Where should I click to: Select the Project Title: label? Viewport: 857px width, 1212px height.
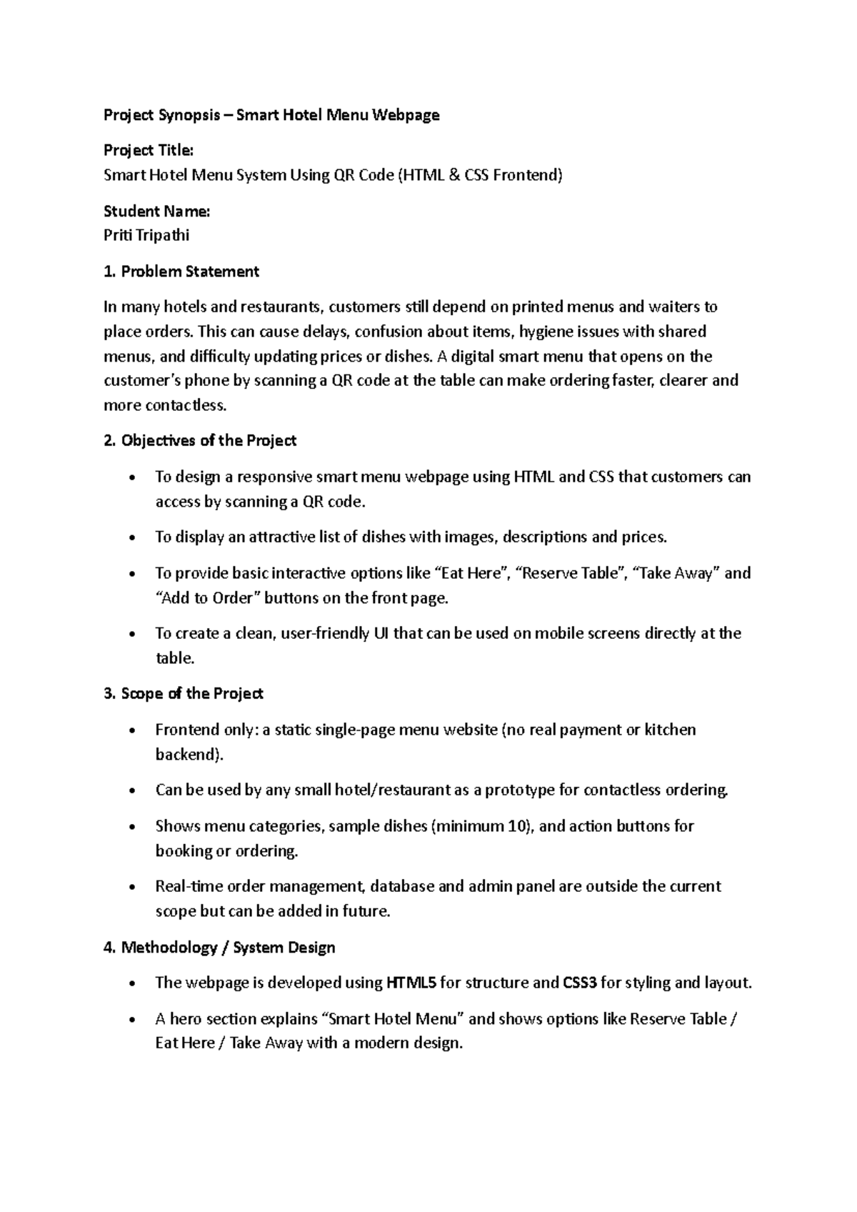149,150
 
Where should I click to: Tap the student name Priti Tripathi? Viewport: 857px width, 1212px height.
146,235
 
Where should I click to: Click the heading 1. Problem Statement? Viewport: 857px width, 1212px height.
181,272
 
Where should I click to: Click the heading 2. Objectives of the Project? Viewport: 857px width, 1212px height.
200,441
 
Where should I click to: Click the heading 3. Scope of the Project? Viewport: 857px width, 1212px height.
184,694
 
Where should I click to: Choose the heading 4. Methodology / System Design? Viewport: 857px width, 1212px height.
219,948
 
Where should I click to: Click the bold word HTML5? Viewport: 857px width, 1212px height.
411,983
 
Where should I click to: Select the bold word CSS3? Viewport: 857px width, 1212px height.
580,983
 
